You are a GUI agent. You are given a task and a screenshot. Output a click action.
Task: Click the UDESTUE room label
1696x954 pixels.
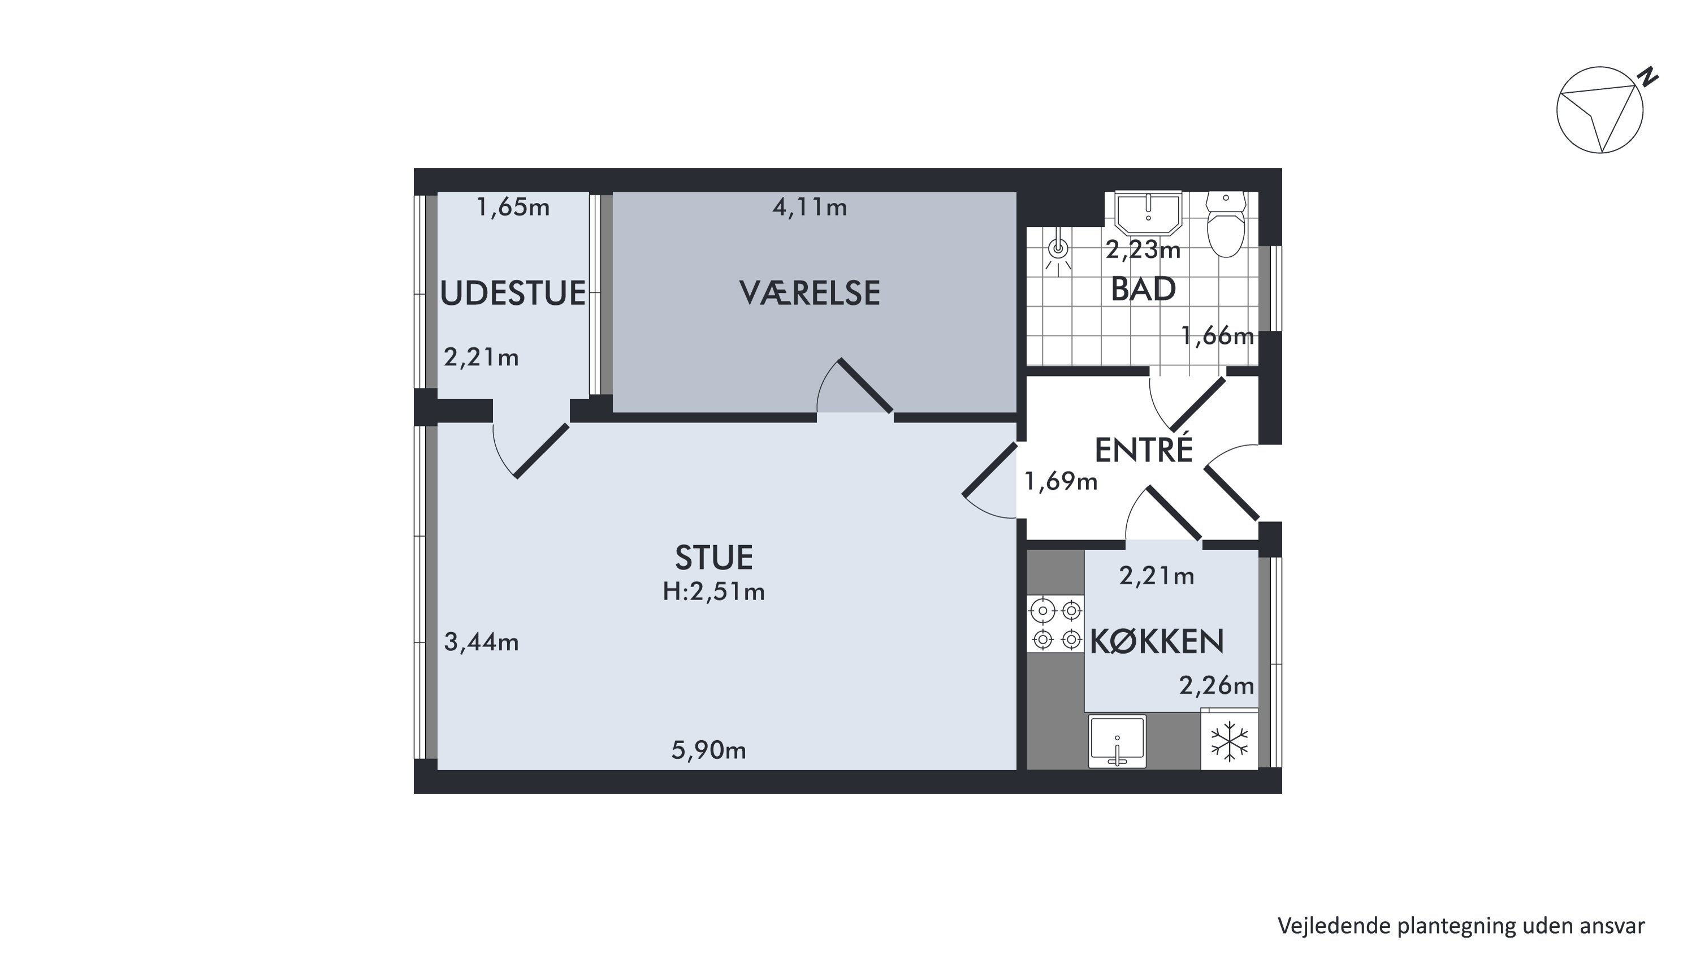[512, 293]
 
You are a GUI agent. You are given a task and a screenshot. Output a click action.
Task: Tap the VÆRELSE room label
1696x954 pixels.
[809, 293]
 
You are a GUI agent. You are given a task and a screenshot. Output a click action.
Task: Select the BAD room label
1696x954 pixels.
[1143, 289]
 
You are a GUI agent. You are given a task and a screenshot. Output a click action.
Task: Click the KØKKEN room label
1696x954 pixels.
[1157, 641]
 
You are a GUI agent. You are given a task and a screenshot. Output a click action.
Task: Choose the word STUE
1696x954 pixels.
[713, 558]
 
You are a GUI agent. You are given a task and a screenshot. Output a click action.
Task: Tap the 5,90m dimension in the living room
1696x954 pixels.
[708, 750]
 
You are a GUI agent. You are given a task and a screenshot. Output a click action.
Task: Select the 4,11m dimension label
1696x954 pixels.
[809, 208]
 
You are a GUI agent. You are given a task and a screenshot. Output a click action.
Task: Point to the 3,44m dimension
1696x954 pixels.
[481, 641]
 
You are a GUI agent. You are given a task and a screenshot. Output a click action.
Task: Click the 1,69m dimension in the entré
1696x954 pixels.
[1061, 481]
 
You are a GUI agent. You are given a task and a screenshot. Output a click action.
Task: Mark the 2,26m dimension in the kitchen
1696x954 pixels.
[1216, 685]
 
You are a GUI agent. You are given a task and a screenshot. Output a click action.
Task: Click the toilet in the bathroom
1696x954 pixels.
[1225, 224]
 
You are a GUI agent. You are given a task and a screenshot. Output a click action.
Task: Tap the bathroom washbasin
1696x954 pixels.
[1149, 213]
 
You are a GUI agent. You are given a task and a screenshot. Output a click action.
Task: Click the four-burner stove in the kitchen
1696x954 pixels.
[1055, 624]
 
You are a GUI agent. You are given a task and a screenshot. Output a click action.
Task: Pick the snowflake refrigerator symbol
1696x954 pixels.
[1229, 741]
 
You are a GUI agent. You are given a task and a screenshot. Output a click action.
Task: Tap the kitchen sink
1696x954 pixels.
[1117, 741]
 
